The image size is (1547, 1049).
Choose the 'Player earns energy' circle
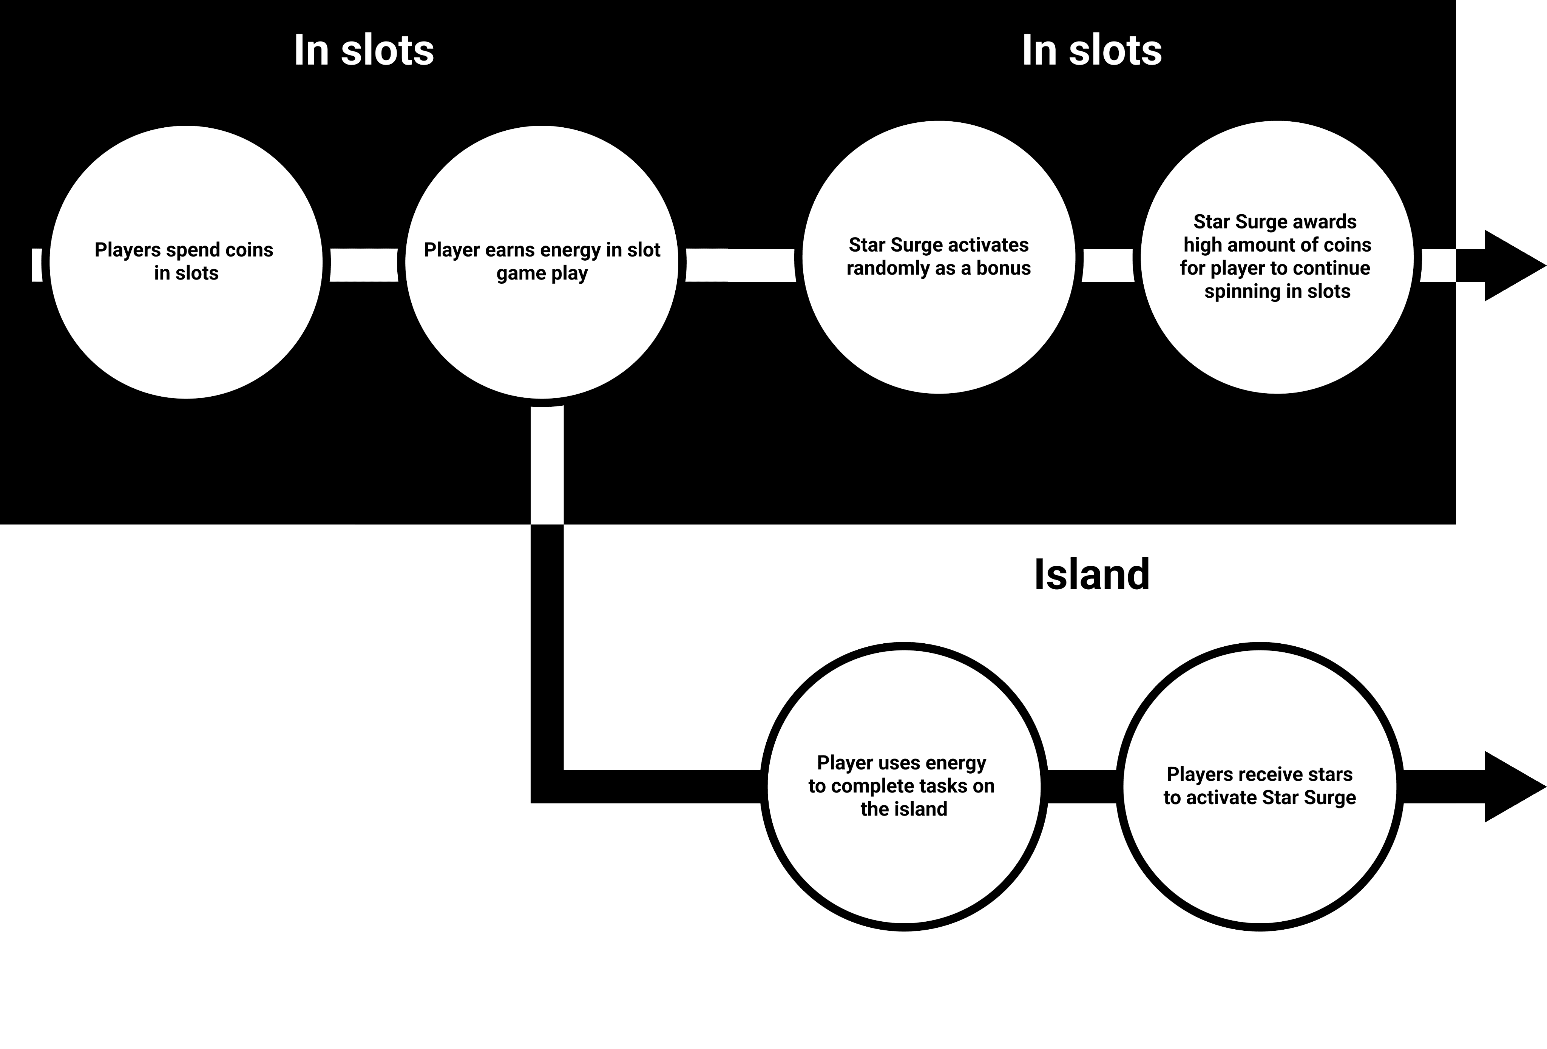tap(542, 333)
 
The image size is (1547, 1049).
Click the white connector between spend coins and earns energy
tap(364, 265)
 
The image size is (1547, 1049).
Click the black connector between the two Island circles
tap(1082, 787)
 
